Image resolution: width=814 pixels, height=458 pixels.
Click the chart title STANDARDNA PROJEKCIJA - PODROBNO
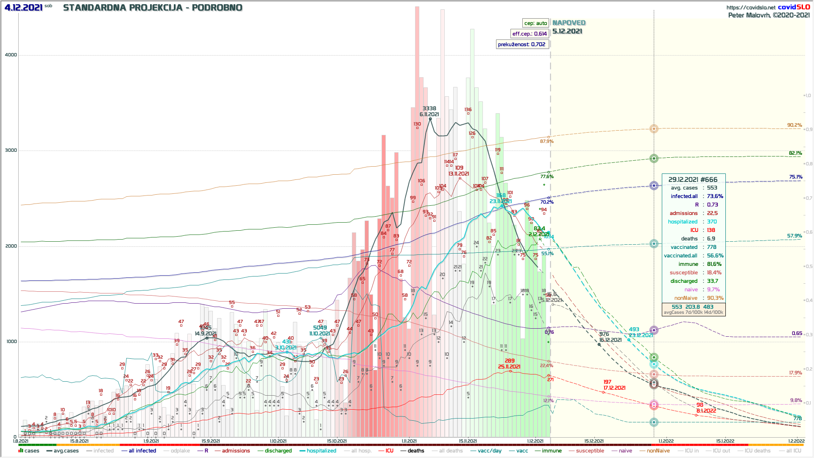(x=153, y=8)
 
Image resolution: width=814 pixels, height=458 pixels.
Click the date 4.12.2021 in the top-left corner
(x=23, y=8)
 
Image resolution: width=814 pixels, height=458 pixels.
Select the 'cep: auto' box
(x=535, y=23)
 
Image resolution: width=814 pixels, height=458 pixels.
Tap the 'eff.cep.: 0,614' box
(x=530, y=34)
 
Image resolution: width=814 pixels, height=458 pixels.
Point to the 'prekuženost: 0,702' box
(x=521, y=45)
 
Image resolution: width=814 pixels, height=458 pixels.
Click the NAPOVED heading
(x=569, y=23)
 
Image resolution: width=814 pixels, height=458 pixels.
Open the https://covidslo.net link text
(x=751, y=7)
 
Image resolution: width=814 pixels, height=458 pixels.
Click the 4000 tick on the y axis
(x=11, y=55)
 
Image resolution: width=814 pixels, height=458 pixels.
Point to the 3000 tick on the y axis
(x=11, y=150)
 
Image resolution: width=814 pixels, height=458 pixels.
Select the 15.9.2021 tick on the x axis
(x=211, y=441)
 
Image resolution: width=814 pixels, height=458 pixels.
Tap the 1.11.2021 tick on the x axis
(x=409, y=441)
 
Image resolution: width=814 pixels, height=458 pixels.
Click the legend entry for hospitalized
(x=321, y=451)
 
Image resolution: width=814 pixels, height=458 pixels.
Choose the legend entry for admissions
(x=236, y=451)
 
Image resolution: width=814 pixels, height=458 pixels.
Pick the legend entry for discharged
(x=278, y=451)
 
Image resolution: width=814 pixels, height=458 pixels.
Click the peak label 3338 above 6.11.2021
(x=429, y=109)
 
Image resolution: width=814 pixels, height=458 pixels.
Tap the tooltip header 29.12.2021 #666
(x=693, y=180)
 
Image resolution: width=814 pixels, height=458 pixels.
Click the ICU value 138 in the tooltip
(x=711, y=230)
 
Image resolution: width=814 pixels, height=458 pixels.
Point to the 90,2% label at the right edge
(x=794, y=125)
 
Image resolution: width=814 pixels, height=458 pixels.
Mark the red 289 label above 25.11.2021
(x=510, y=361)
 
